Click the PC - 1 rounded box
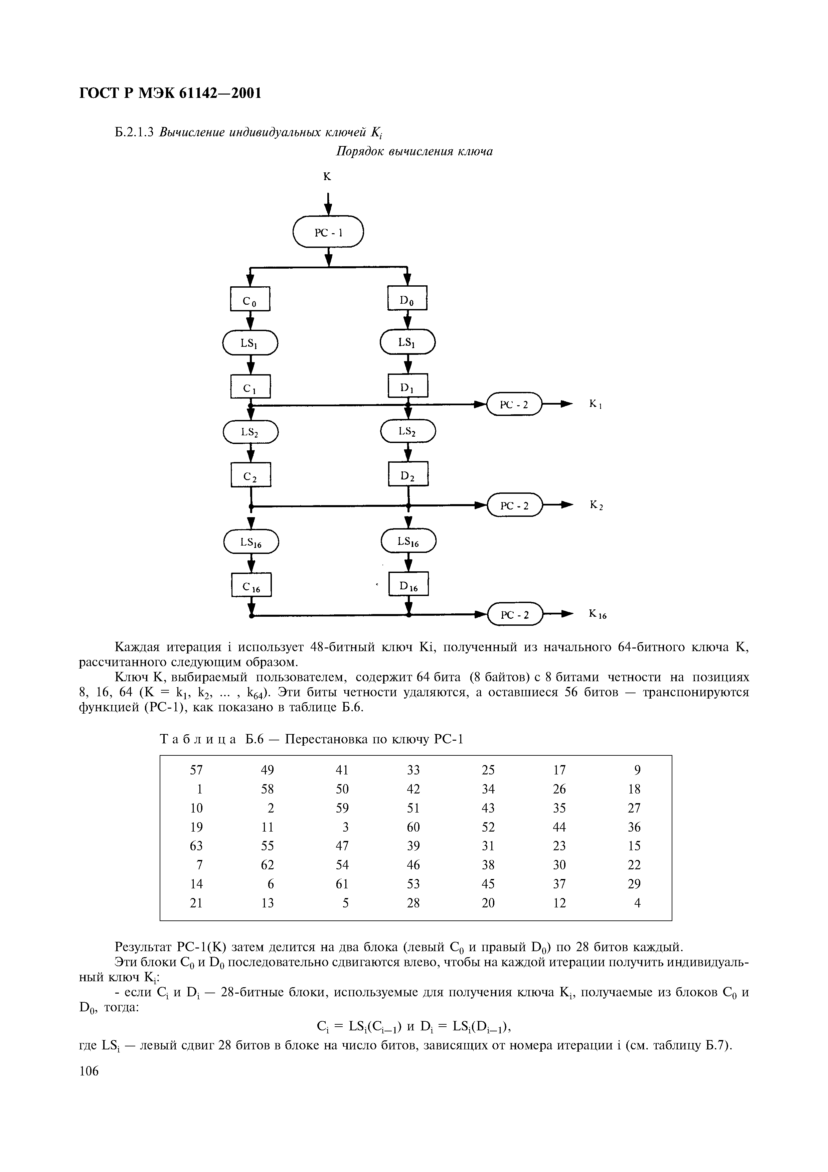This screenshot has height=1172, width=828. [x=328, y=232]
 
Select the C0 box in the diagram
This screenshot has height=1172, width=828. [x=250, y=299]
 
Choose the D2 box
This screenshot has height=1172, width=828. [x=408, y=474]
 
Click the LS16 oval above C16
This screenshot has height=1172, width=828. [x=251, y=542]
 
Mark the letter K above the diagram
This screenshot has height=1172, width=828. [x=327, y=177]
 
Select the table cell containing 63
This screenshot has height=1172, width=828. [x=196, y=846]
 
